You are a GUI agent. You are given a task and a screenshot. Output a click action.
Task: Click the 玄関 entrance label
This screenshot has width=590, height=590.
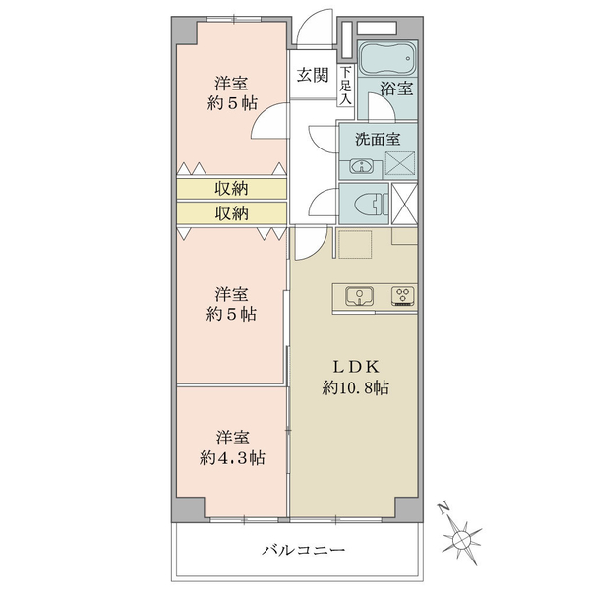pos(313,76)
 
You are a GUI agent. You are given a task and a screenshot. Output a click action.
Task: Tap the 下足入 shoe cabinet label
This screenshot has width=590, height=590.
pos(346,85)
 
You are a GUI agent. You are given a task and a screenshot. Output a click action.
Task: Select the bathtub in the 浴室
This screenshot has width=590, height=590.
pos(387,58)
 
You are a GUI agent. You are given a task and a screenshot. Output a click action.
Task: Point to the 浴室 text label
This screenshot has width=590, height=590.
pos(396,88)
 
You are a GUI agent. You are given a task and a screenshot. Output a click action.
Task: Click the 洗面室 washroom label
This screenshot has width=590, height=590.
pos(378,139)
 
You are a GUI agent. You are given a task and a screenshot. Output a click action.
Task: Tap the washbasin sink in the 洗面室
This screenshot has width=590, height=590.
pos(361,166)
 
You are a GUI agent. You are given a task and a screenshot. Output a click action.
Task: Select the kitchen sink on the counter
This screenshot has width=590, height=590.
pos(360,296)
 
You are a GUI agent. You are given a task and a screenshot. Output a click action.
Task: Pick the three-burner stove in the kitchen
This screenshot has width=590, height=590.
pos(403,295)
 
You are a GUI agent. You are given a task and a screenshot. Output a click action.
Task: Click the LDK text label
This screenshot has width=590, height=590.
pos(356,367)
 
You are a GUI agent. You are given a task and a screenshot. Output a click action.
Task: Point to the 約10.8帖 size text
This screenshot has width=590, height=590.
pos(356,387)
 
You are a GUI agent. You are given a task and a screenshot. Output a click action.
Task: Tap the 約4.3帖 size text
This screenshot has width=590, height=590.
pos(232,458)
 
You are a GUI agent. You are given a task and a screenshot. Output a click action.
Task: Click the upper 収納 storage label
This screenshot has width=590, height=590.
pos(231,188)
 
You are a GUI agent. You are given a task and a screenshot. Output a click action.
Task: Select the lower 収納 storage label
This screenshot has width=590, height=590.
pos(231,213)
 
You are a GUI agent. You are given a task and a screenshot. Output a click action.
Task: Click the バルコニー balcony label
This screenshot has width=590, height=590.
pos(303,550)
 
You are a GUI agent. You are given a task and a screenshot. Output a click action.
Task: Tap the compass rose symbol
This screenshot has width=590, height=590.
pos(461,539)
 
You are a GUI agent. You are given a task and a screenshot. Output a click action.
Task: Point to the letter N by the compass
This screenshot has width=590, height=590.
pos(444,508)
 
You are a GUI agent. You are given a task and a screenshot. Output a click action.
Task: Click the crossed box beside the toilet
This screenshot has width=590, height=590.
pos(404,204)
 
